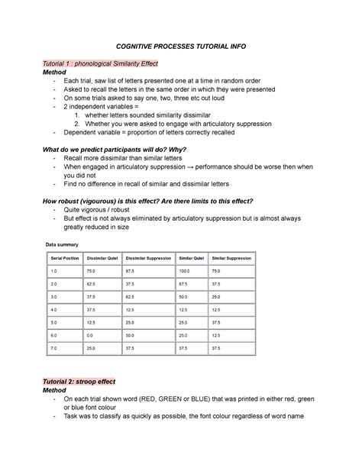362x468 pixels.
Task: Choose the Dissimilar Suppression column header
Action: pyautogui.click(x=148, y=259)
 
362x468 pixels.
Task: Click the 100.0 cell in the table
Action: pyautogui.click(x=183, y=271)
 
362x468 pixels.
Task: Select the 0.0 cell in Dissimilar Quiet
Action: pyautogui.click(x=91, y=335)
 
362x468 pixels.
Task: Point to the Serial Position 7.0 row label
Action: pyautogui.click(x=54, y=348)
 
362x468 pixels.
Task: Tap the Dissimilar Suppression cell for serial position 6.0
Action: pyautogui.click(x=131, y=335)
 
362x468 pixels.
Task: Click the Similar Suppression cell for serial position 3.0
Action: pyautogui.click(x=216, y=296)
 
